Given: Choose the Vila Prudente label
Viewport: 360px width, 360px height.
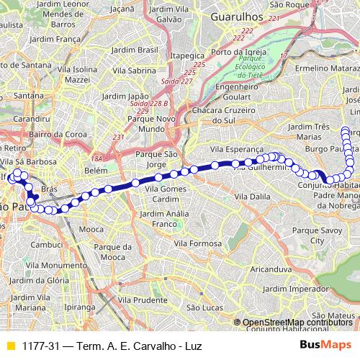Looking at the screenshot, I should [x=154, y=300].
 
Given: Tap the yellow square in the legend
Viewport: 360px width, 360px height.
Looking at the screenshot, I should [x=9, y=346].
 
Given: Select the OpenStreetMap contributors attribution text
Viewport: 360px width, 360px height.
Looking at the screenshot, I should [x=297, y=322].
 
